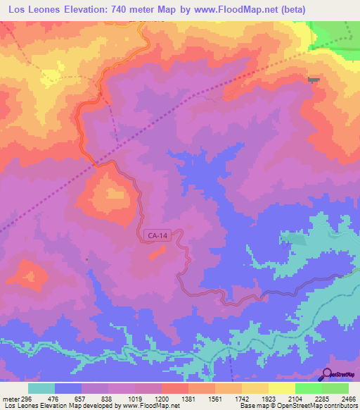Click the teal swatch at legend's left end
click(41, 388)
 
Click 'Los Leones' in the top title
click(33, 10)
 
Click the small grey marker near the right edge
click(313, 80)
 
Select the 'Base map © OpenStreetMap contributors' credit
click(298, 405)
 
